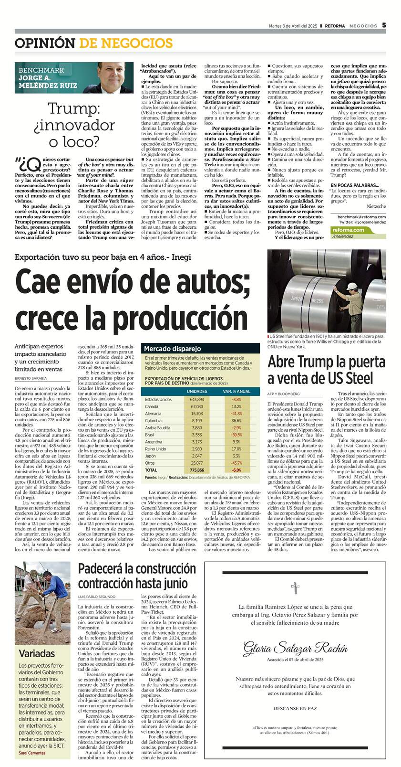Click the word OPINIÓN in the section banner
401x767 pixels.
pos(45,43)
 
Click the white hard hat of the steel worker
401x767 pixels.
pos(352,286)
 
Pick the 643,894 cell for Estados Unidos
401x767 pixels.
pos(196,399)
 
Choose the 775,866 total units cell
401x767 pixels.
pos(196,470)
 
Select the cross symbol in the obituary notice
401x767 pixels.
pos(295,588)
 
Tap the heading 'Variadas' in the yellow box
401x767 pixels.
pos(37,653)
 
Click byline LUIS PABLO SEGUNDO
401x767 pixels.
pos(97,597)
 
